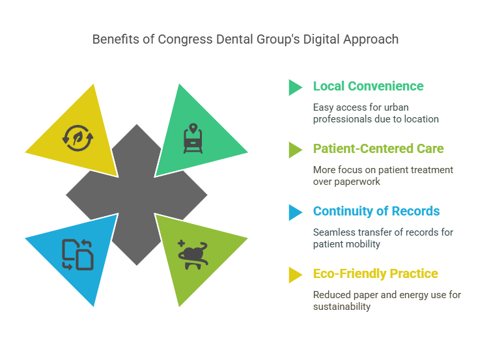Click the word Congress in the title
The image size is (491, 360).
pyautogui.click(x=186, y=40)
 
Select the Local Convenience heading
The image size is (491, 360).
pyautogui.click(x=369, y=86)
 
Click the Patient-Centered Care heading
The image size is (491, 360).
pyautogui.click(x=378, y=148)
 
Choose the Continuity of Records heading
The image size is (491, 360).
pyautogui.click(x=376, y=212)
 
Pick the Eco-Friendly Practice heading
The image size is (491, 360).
pyautogui.click(x=376, y=273)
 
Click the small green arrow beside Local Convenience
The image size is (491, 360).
pyautogui.click(x=295, y=87)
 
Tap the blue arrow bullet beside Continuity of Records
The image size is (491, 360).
pyautogui.click(x=295, y=213)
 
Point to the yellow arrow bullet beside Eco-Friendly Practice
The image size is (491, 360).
pyautogui.click(x=295, y=275)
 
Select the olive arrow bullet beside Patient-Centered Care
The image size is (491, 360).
pyautogui.click(x=295, y=150)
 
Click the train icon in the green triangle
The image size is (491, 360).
pyautogui.click(x=193, y=139)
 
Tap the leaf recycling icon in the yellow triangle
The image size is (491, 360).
pyautogui.click(x=77, y=138)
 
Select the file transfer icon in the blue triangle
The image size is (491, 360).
pyautogui.click(x=77, y=255)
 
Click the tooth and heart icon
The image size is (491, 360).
pyautogui.click(x=193, y=255)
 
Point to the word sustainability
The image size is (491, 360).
pyautogui.click(x=342, y=307)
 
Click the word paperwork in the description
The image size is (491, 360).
pyautogui.click(x=357, y=182)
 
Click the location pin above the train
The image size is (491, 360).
pyautogui.click(x=193, y=128)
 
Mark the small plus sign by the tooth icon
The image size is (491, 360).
pyautogui.click(x=181, y=243)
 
